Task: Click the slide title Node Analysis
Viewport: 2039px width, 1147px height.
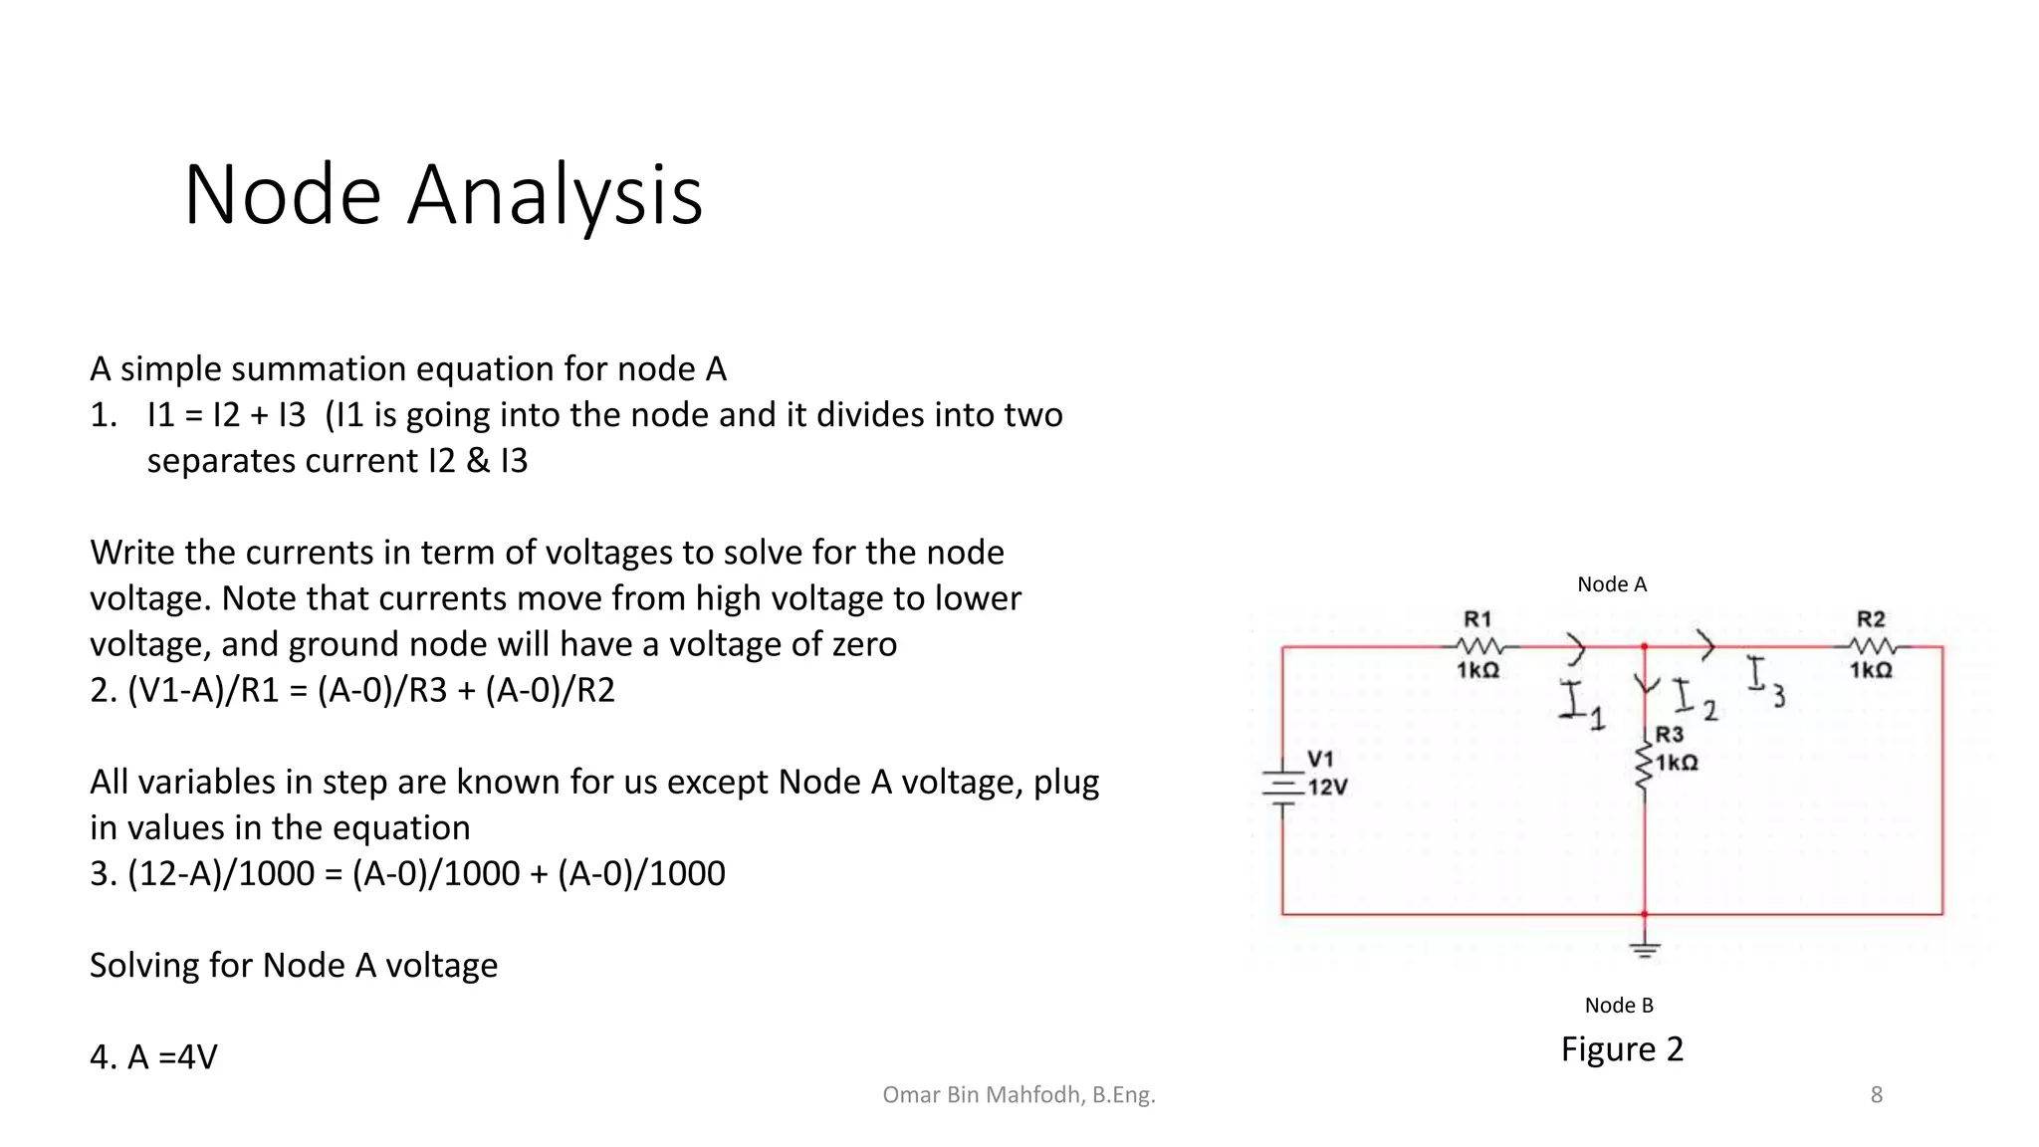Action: pyautogui.click(x=443, y=195)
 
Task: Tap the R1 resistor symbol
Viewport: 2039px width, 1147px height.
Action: pyautogui.click(x=1479, y=646)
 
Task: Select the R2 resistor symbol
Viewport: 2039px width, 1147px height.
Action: pyautogui.click(x=1872, y=646)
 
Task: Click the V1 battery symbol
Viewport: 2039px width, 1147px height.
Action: pyautogui.click(x=1283, y=786)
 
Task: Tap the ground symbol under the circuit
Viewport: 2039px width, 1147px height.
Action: pyautogui.click(x=1645, y=948)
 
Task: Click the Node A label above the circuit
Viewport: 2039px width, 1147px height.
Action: pyautogui.click(x=1612, y=584)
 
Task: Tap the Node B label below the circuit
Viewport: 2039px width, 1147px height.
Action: pyautogui.click(x=1619, y=1006)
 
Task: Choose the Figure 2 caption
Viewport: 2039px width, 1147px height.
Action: pyautogui.click(x=1622, y=1049)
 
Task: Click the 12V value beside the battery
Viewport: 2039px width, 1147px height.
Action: pyautogui.click(x=1328, y=788)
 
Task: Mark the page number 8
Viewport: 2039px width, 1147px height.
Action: pyautogui.click(x=1877, y=1095)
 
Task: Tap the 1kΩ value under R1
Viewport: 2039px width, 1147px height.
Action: pyautogui.click(x=1478, y=671)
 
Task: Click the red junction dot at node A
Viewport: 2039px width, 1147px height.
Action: pyautogui.click(x=1645, y=647)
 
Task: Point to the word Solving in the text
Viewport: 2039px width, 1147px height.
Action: pyautogui.click(x=145, y=966)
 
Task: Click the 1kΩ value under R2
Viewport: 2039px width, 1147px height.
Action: pyautogui.click(x=1871, y=671)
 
